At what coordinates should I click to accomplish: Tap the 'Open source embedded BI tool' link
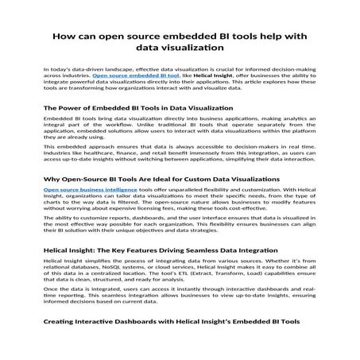point(126,77)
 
